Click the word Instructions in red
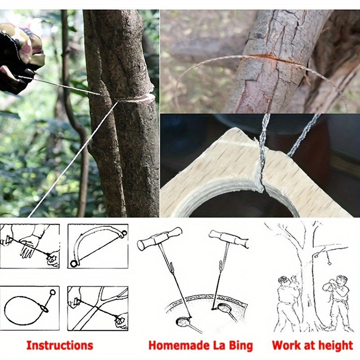point(59,346)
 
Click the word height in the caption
point(331,346)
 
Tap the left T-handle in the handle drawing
point(160,238)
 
